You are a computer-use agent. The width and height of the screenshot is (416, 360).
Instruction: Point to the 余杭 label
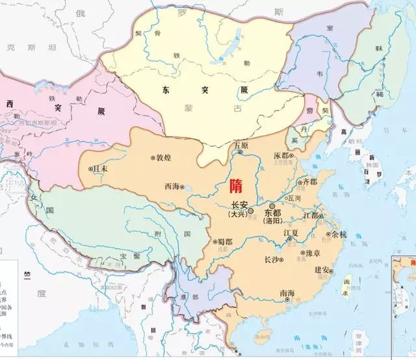(339, 235)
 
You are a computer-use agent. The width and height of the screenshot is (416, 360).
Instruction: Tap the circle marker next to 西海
(183, 187)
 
